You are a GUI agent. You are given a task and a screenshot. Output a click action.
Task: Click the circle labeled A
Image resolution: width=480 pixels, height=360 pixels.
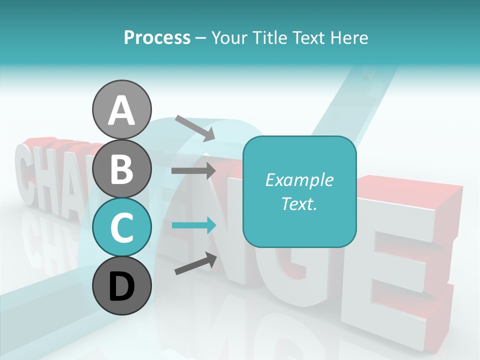point(121,109)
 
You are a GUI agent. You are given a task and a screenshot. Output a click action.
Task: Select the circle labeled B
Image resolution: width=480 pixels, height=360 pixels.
point(121,168)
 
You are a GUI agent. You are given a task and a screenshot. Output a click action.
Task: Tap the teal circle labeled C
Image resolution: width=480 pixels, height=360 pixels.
point(121,227)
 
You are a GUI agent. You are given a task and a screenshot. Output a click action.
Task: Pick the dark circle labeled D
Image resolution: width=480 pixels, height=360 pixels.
point(121,285)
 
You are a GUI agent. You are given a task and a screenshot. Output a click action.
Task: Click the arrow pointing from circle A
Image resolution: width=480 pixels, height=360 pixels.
point(195,128)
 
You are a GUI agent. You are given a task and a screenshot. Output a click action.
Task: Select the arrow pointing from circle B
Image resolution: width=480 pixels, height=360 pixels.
point(193,170)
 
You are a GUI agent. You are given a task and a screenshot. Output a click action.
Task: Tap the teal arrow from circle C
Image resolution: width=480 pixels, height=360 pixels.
point(193,225)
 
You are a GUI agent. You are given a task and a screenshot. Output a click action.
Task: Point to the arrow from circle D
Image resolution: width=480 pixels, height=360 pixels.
point(195,263)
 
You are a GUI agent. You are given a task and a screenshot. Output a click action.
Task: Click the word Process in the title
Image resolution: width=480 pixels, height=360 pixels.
point(157,37)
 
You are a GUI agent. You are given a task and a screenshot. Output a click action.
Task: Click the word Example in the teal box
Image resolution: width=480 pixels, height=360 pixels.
point(299,180)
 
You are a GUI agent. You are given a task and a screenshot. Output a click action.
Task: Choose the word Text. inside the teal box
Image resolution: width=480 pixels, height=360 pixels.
point(299,203)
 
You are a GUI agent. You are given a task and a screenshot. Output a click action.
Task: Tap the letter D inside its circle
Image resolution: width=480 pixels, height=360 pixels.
point(121,286)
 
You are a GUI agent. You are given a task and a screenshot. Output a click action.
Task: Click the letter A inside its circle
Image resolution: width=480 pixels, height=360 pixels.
point(121,110)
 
